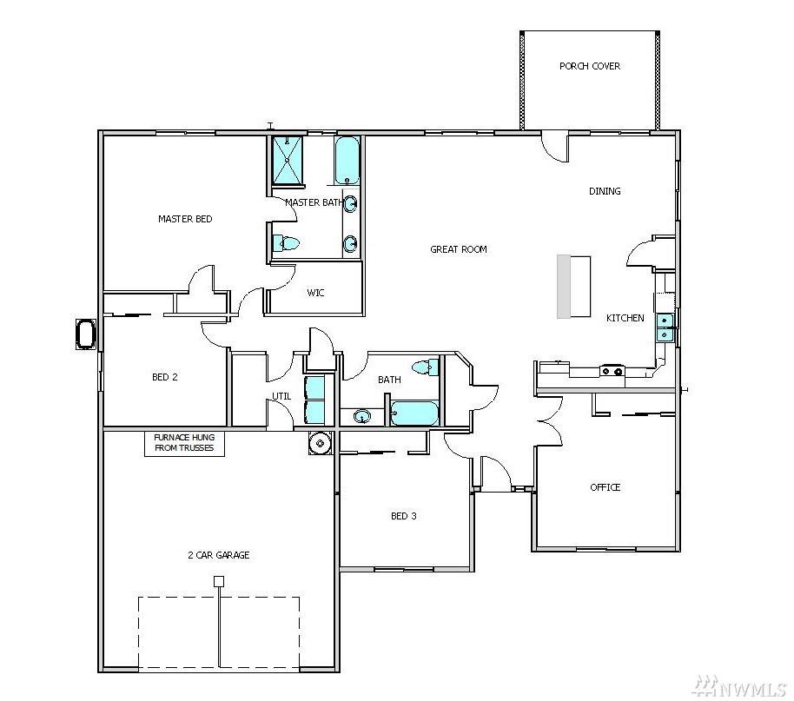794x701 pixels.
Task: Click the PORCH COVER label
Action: coord(590,66)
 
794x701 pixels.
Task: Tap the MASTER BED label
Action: coord(185,219)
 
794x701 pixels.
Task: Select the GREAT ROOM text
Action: coord(459,249)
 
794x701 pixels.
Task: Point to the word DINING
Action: coord(605,191)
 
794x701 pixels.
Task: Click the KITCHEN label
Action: coord(625,318)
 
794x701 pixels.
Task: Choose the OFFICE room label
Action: coord(605,487)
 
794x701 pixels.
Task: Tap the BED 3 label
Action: coord(404,516)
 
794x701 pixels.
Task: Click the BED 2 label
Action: coord(164,377)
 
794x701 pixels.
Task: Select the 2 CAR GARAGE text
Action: coord(219,555)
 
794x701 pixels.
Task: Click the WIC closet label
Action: coord(315,293)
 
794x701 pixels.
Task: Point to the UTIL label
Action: coord(281,396)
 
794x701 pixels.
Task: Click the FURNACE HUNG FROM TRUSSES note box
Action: coord(184,443)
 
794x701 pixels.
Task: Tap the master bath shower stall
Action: coord(288,160)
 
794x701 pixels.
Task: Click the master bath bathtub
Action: coord(347,161)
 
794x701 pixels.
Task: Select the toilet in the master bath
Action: coord(286,243)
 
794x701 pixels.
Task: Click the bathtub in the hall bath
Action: coord(414,413)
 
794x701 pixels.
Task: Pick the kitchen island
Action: coord(573,287)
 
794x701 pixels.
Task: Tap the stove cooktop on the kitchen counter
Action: coord(612,371)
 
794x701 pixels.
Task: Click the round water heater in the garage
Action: coord(320,443)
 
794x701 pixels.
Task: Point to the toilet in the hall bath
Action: coord(425,367)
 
